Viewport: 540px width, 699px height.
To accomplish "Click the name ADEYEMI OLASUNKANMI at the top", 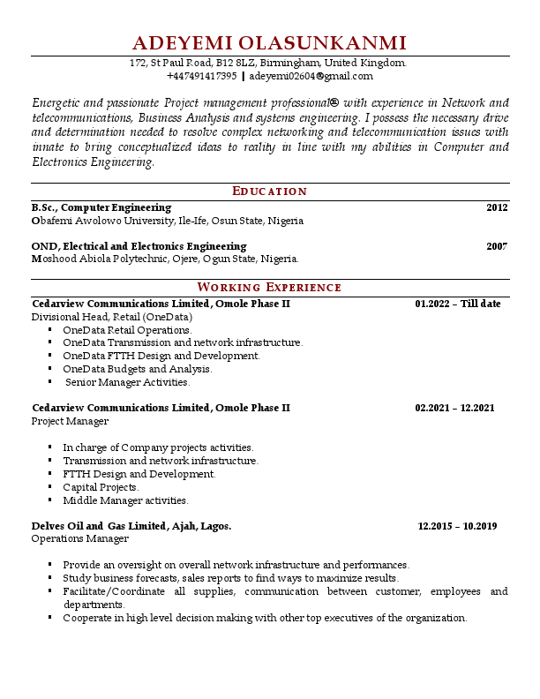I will pyautogui.click(x=269, y=43).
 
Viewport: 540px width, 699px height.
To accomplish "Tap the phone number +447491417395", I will pyautogui.click(x=201, y=77).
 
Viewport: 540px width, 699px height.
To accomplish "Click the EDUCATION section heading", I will pyautogui.click(x=269, y=192).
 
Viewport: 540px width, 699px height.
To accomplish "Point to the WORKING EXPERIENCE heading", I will pyautogui.click(x=269, y=287).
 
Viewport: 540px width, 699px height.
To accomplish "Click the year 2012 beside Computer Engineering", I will pyautogui.click(x=497, y=207).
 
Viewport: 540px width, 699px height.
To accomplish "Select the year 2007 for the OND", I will pyautogui.click(x=497, y=246).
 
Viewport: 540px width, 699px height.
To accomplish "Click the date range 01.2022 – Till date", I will pyautogui.click(x=457, y=304).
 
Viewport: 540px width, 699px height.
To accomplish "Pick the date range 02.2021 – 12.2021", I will pyautogui.click(x=454, y=408).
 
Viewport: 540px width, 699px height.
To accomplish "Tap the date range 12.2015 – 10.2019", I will pyautogui.click(x=457, y=526).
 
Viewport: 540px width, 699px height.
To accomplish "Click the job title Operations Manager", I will pyautogui.click(x=80, y=538).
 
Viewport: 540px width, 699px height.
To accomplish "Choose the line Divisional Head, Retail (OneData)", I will pyautogui.click(x=112, y=317).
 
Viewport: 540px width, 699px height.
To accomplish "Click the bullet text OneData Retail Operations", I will pyautogui.click(x=127, y=330).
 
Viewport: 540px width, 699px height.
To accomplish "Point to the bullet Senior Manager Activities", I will pyautogui.click(x=128, y=382).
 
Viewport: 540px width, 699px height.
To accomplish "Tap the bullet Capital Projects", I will pyautogui.click(x=101, y=487).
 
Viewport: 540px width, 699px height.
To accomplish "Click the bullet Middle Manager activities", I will pyautogui.click(x=125, y=500).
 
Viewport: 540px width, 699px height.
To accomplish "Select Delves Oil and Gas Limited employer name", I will pyautogui.click(x=131, y=526).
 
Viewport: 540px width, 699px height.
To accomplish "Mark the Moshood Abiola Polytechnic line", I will pyautogui.click(x=165, y=259).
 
